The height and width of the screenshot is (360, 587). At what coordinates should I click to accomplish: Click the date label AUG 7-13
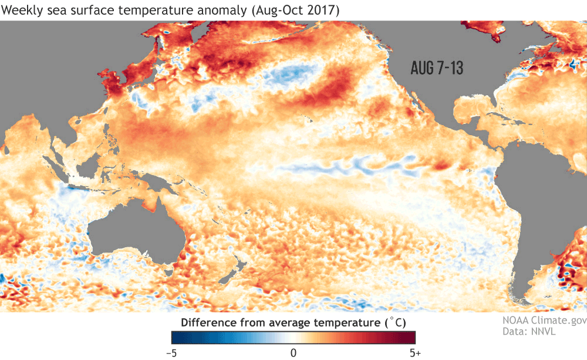[437, 68]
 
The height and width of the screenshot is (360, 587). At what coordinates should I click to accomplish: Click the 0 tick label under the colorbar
[293, 352]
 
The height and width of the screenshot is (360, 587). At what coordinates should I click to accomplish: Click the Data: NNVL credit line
[528, 332]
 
